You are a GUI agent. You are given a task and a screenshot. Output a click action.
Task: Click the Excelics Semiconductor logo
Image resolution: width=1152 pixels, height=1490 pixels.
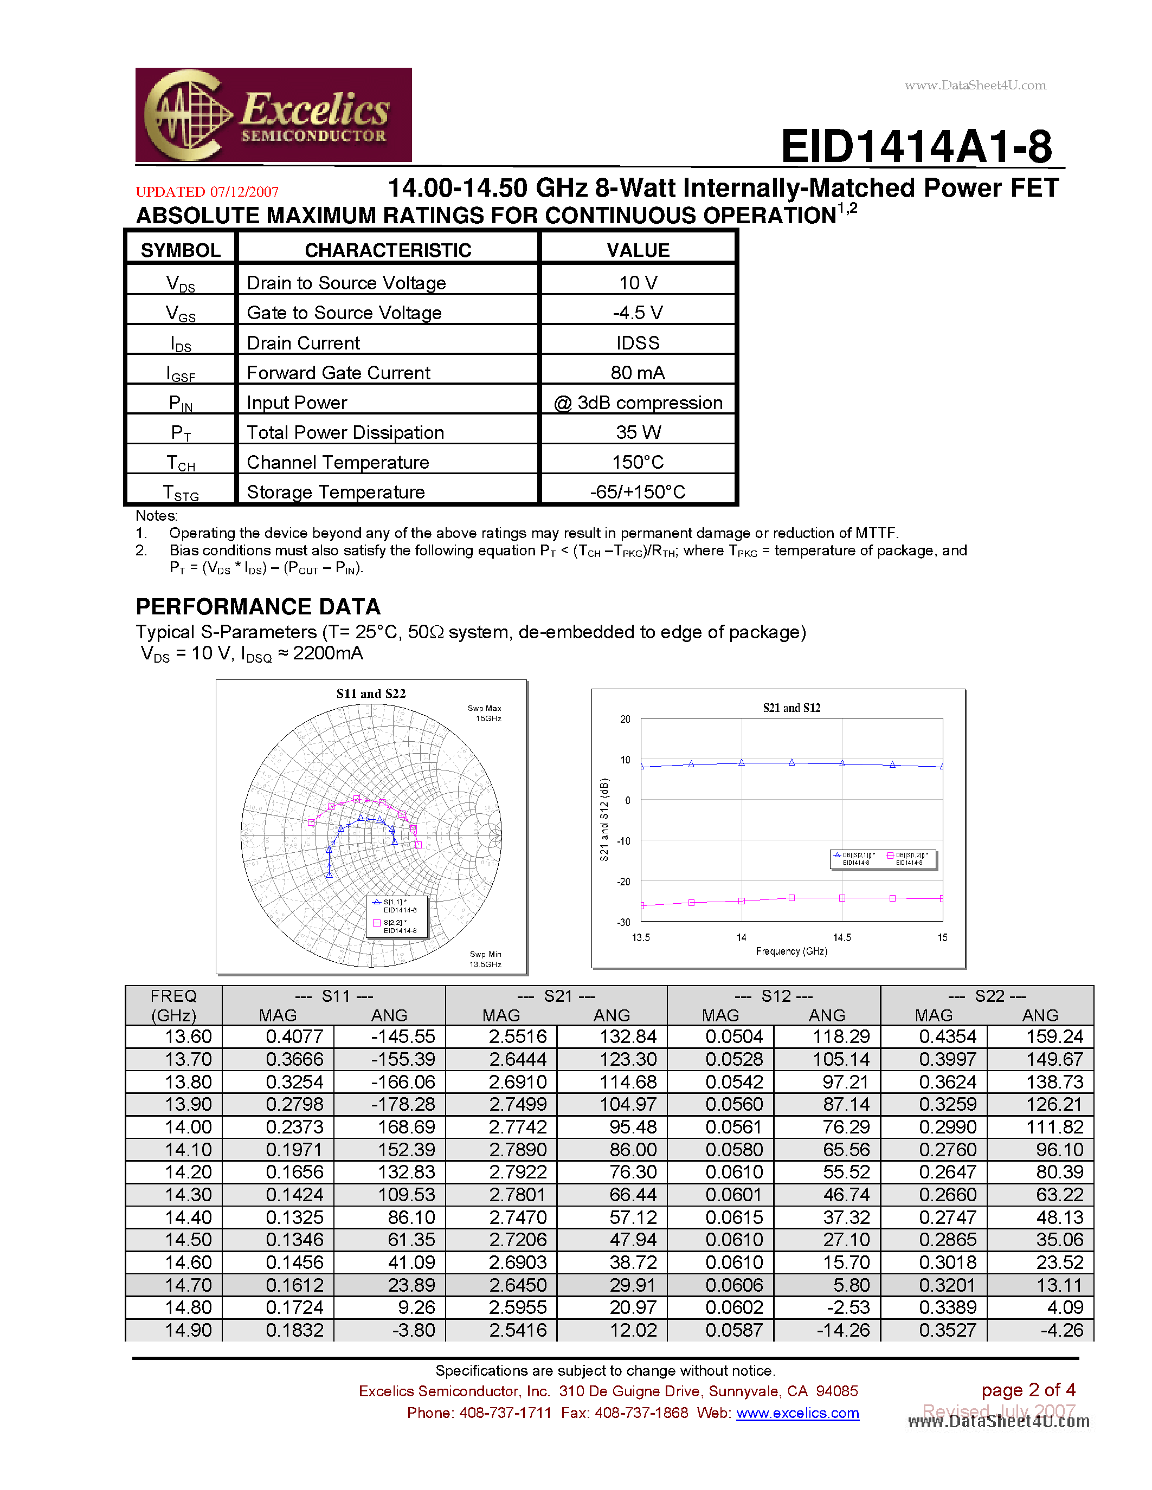coord(273,115)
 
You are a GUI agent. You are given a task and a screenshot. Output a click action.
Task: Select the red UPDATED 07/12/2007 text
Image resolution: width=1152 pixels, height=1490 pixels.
coord(207,192)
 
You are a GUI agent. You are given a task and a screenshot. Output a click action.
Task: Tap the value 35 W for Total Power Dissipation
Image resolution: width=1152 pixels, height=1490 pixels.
coord(638,432)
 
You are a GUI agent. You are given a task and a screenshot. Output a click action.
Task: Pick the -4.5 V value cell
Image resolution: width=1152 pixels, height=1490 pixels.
coord(638,313)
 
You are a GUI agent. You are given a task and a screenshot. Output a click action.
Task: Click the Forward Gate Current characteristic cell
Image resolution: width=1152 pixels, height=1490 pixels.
coord(338,373)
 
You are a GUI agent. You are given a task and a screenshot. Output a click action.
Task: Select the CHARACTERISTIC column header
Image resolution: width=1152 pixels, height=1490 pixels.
coord(388,250)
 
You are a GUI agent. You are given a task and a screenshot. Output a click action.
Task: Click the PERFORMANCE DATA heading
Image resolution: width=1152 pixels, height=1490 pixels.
coord(258,606)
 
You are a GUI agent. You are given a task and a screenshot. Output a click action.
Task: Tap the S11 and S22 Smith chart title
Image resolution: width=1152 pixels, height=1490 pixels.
coord(371,694)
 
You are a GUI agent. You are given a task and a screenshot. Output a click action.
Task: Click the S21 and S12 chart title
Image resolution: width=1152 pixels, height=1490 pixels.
coord(791,708)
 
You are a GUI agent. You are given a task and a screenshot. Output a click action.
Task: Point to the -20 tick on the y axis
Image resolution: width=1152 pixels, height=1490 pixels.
coord(624,882)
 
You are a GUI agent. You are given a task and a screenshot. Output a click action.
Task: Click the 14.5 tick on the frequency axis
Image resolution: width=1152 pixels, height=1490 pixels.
coord(841,937)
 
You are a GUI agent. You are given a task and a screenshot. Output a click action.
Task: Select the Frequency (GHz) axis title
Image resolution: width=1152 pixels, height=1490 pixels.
coord(791,951)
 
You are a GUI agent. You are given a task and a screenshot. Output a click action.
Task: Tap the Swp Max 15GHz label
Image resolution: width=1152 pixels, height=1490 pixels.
coord(485,713)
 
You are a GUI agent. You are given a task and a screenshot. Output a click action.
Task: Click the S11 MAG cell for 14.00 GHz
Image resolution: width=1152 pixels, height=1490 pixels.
coord(294,1127)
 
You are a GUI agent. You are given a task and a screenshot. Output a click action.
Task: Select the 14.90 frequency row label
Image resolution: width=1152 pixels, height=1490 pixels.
coord(188,1330)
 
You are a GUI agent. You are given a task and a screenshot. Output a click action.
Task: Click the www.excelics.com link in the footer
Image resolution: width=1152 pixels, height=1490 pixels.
coord(797,1413)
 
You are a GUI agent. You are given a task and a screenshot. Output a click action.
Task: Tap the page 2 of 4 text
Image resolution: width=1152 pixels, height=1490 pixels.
coord(1028,1390)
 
